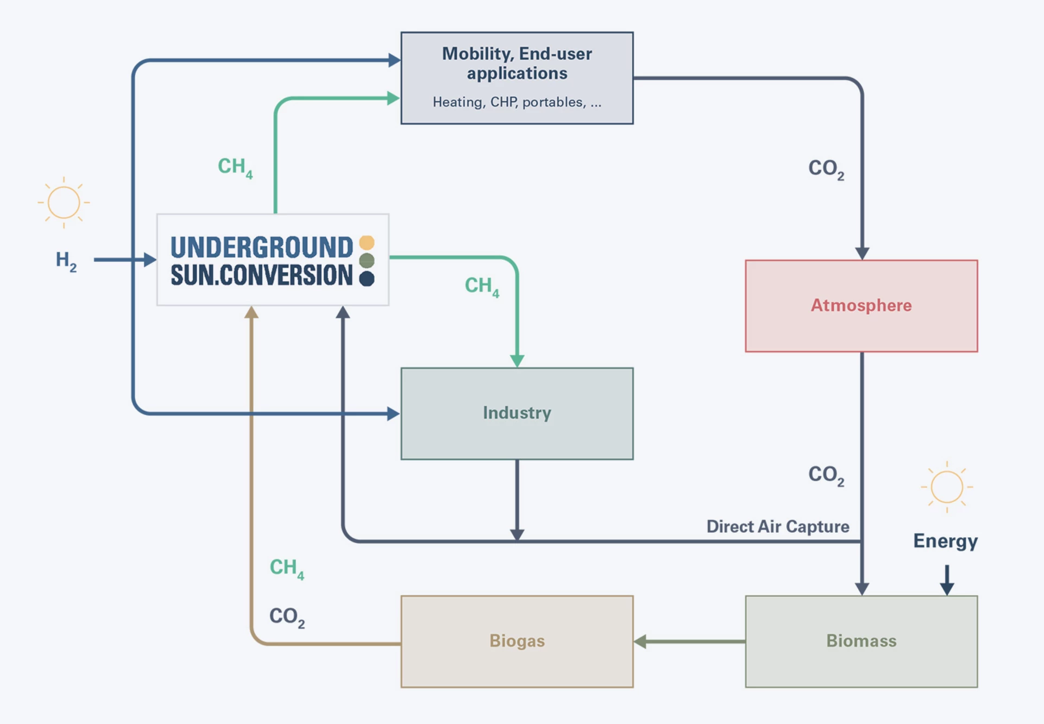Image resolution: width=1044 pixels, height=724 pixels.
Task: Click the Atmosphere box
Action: (x=861, y=306)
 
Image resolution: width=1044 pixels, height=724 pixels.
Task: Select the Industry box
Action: (x=517, y=413)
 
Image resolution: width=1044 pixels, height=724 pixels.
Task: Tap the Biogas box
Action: (x=517, y=641)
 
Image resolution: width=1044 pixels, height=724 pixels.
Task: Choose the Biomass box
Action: (x=861, y=641)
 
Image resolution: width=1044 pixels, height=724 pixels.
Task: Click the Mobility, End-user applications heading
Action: (x=517, y=63)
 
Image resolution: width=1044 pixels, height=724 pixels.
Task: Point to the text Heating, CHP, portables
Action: (x=509, y=102)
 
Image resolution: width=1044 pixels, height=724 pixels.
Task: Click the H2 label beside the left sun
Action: (x=66, y=261)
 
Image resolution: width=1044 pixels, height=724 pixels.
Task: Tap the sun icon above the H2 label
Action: (x=64, y=202)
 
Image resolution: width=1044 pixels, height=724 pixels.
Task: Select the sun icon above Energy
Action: (x=947, y=487)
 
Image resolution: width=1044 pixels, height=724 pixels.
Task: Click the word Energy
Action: (x=945, y=541)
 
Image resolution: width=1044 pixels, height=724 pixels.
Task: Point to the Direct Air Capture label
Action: (x=777, y=526)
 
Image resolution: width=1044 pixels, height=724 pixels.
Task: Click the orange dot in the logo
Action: (x=367, y=242)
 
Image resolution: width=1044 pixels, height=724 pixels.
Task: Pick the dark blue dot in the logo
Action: (x=367, y=279)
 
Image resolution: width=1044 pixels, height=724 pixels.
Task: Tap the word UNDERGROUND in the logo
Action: (x=261, y=248)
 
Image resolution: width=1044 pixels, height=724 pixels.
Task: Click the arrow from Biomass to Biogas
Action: (x=689, y=641)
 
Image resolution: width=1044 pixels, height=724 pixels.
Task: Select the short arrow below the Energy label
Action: (x=947, y=580)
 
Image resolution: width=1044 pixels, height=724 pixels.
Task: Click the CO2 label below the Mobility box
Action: (x=826, y=169)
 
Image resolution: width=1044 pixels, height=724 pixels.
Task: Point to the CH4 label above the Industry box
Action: (x=481, y=286)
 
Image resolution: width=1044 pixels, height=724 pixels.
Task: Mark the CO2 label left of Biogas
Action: (x=287, y=617)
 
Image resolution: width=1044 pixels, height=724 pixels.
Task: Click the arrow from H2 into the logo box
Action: (x=125, y=260)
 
